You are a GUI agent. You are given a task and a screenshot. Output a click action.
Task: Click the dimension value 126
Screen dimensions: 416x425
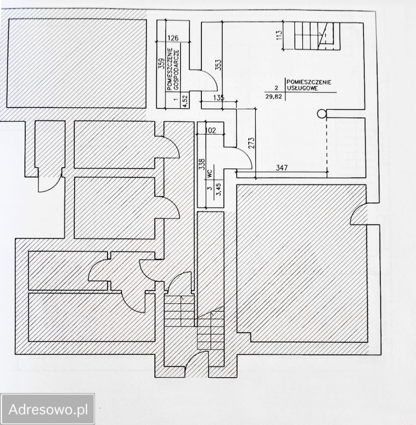pyautogui.click(x=173, y=38)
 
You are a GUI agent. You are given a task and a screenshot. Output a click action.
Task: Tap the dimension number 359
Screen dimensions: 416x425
pyautogui.click(x=161, y=64)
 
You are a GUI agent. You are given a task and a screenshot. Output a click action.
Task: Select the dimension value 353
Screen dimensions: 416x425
pyautogui.click(x=219, y=65)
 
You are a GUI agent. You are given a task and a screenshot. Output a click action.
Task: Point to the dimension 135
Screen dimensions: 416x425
pyautogui.click(x=219, y=97)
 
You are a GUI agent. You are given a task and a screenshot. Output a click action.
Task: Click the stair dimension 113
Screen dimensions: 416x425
pyautogui.click(x=279, y=35)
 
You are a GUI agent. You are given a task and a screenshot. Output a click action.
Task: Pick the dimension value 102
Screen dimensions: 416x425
pyautogui.click(x=211, y=130)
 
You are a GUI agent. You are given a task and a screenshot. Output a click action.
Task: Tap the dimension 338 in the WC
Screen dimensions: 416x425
pyautogui.click(x=202, y=164)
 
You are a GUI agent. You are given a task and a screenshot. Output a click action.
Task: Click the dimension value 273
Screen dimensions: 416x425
pyautogui.click(x=251, y=143)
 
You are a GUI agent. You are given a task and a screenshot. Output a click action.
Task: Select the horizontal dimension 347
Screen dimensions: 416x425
pyautogui.click(x=282, y=168)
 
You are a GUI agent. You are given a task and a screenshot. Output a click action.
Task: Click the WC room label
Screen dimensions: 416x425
pyautogui.click(x=210, y=174)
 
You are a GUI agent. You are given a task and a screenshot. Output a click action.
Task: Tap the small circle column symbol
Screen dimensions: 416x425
pyautogui.click(x=322, y=114)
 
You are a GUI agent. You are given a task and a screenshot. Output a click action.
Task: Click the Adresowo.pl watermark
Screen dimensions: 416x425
pyautogui.click(x=48, y=409)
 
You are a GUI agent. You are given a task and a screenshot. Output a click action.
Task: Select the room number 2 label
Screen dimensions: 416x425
pyautogui.click(x=277, y=88)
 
